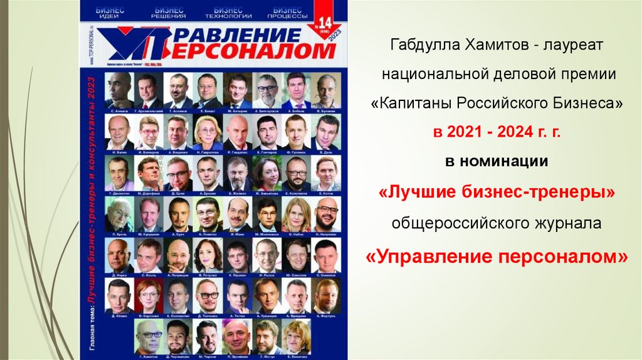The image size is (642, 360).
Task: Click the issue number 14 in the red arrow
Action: (x=326, y=23)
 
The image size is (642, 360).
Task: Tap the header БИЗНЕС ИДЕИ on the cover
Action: (x=109, y=13)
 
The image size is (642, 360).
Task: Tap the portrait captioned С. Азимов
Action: (x=119, y=90)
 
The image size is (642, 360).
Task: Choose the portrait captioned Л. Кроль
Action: (x=119, y=214)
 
